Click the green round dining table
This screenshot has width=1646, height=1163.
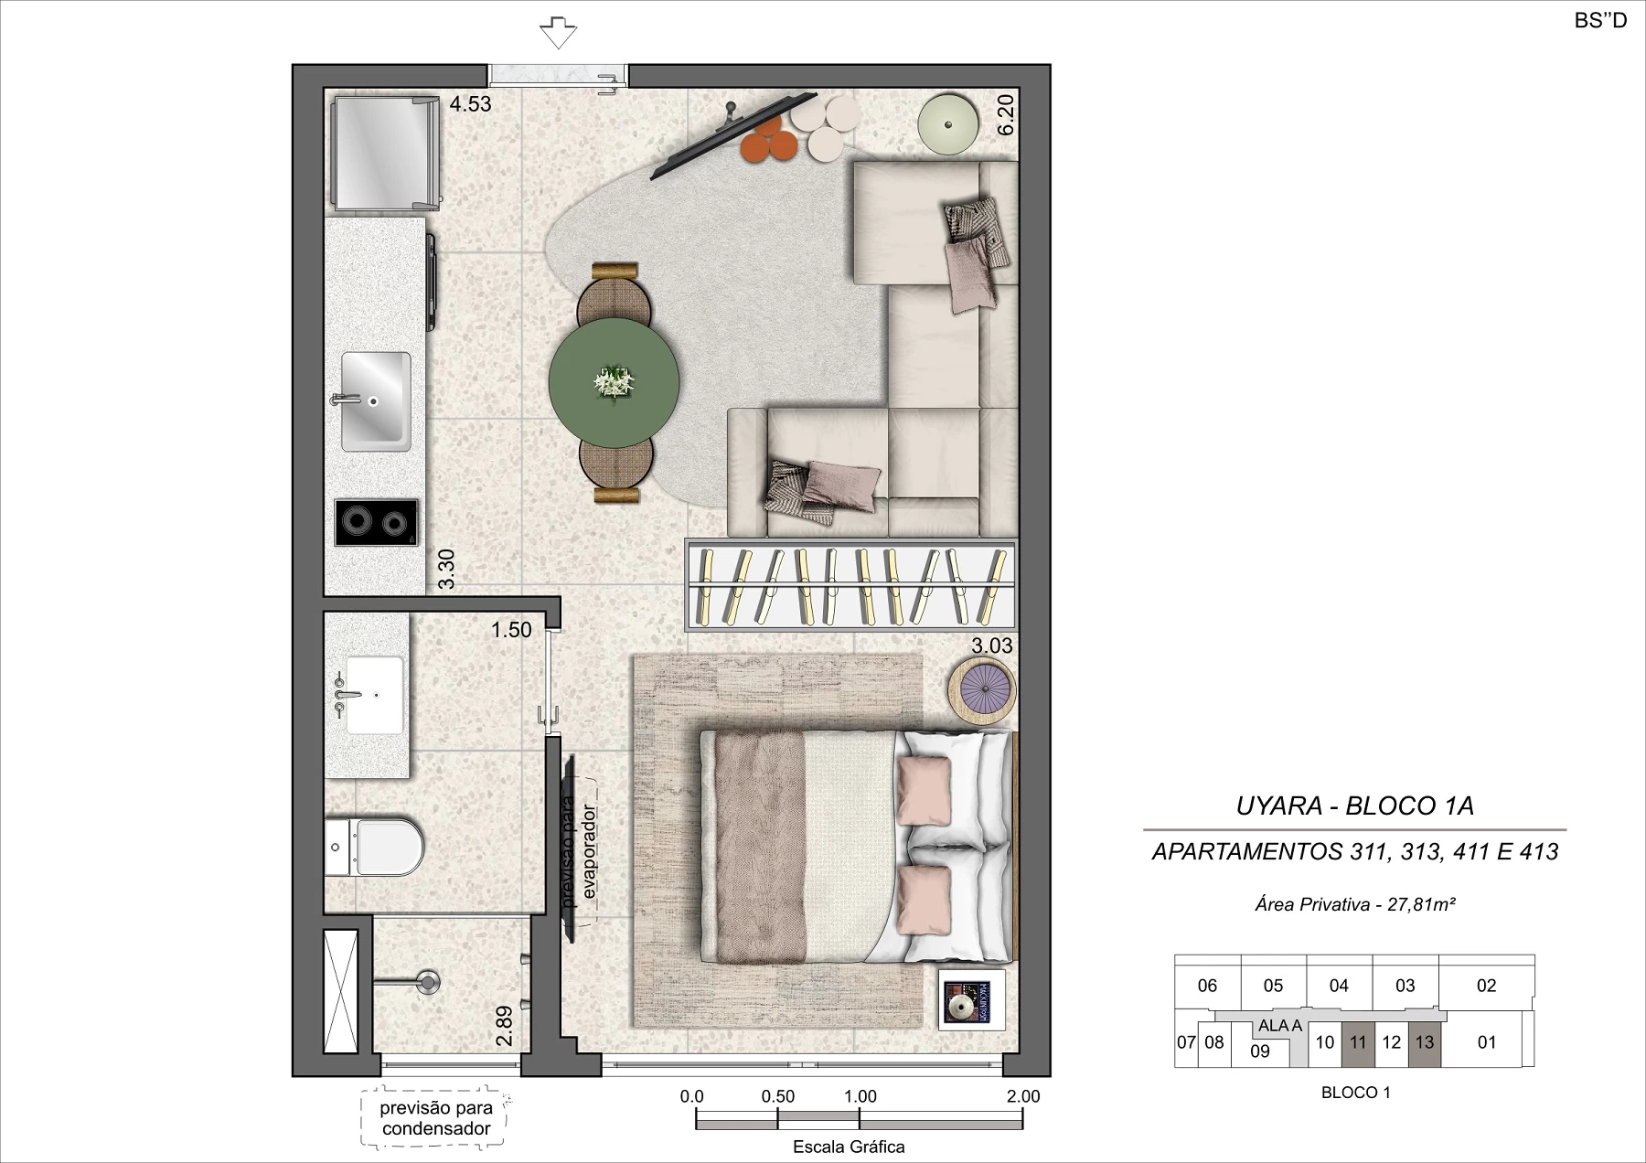click(615, 382)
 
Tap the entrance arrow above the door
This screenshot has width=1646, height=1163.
click(558, 33)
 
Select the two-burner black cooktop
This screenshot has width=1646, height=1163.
click(376, 522)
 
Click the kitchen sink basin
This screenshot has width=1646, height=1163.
click(376, 401)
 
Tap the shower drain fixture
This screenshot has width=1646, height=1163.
click(428, 982)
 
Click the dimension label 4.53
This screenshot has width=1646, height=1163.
click(470, 104)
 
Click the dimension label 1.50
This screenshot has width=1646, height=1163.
click(511, 630)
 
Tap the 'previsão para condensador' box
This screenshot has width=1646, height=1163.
click(435, 1117)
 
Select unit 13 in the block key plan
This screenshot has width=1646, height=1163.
click(1425, 1042)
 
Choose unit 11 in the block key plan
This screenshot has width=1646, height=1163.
click(1358, 1042)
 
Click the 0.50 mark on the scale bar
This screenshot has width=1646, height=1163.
click(777, 1096)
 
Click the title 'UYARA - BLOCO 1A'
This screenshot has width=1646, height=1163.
click(1355, 806)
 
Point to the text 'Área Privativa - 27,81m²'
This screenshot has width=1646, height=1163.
click(1355, 904)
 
